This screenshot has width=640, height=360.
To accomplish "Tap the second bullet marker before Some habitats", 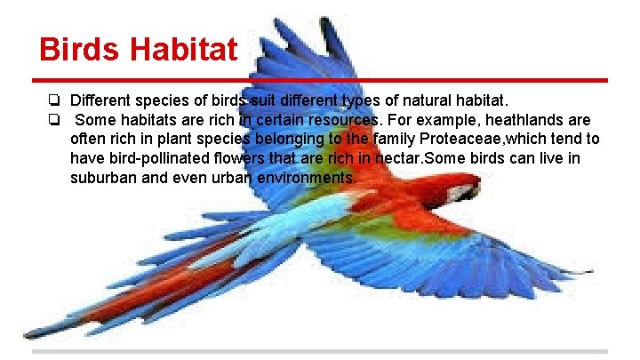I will (x=54, y=120).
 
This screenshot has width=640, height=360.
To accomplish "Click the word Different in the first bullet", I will (x=100, y=100).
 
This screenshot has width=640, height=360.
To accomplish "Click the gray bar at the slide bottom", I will (x=320, y=351).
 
